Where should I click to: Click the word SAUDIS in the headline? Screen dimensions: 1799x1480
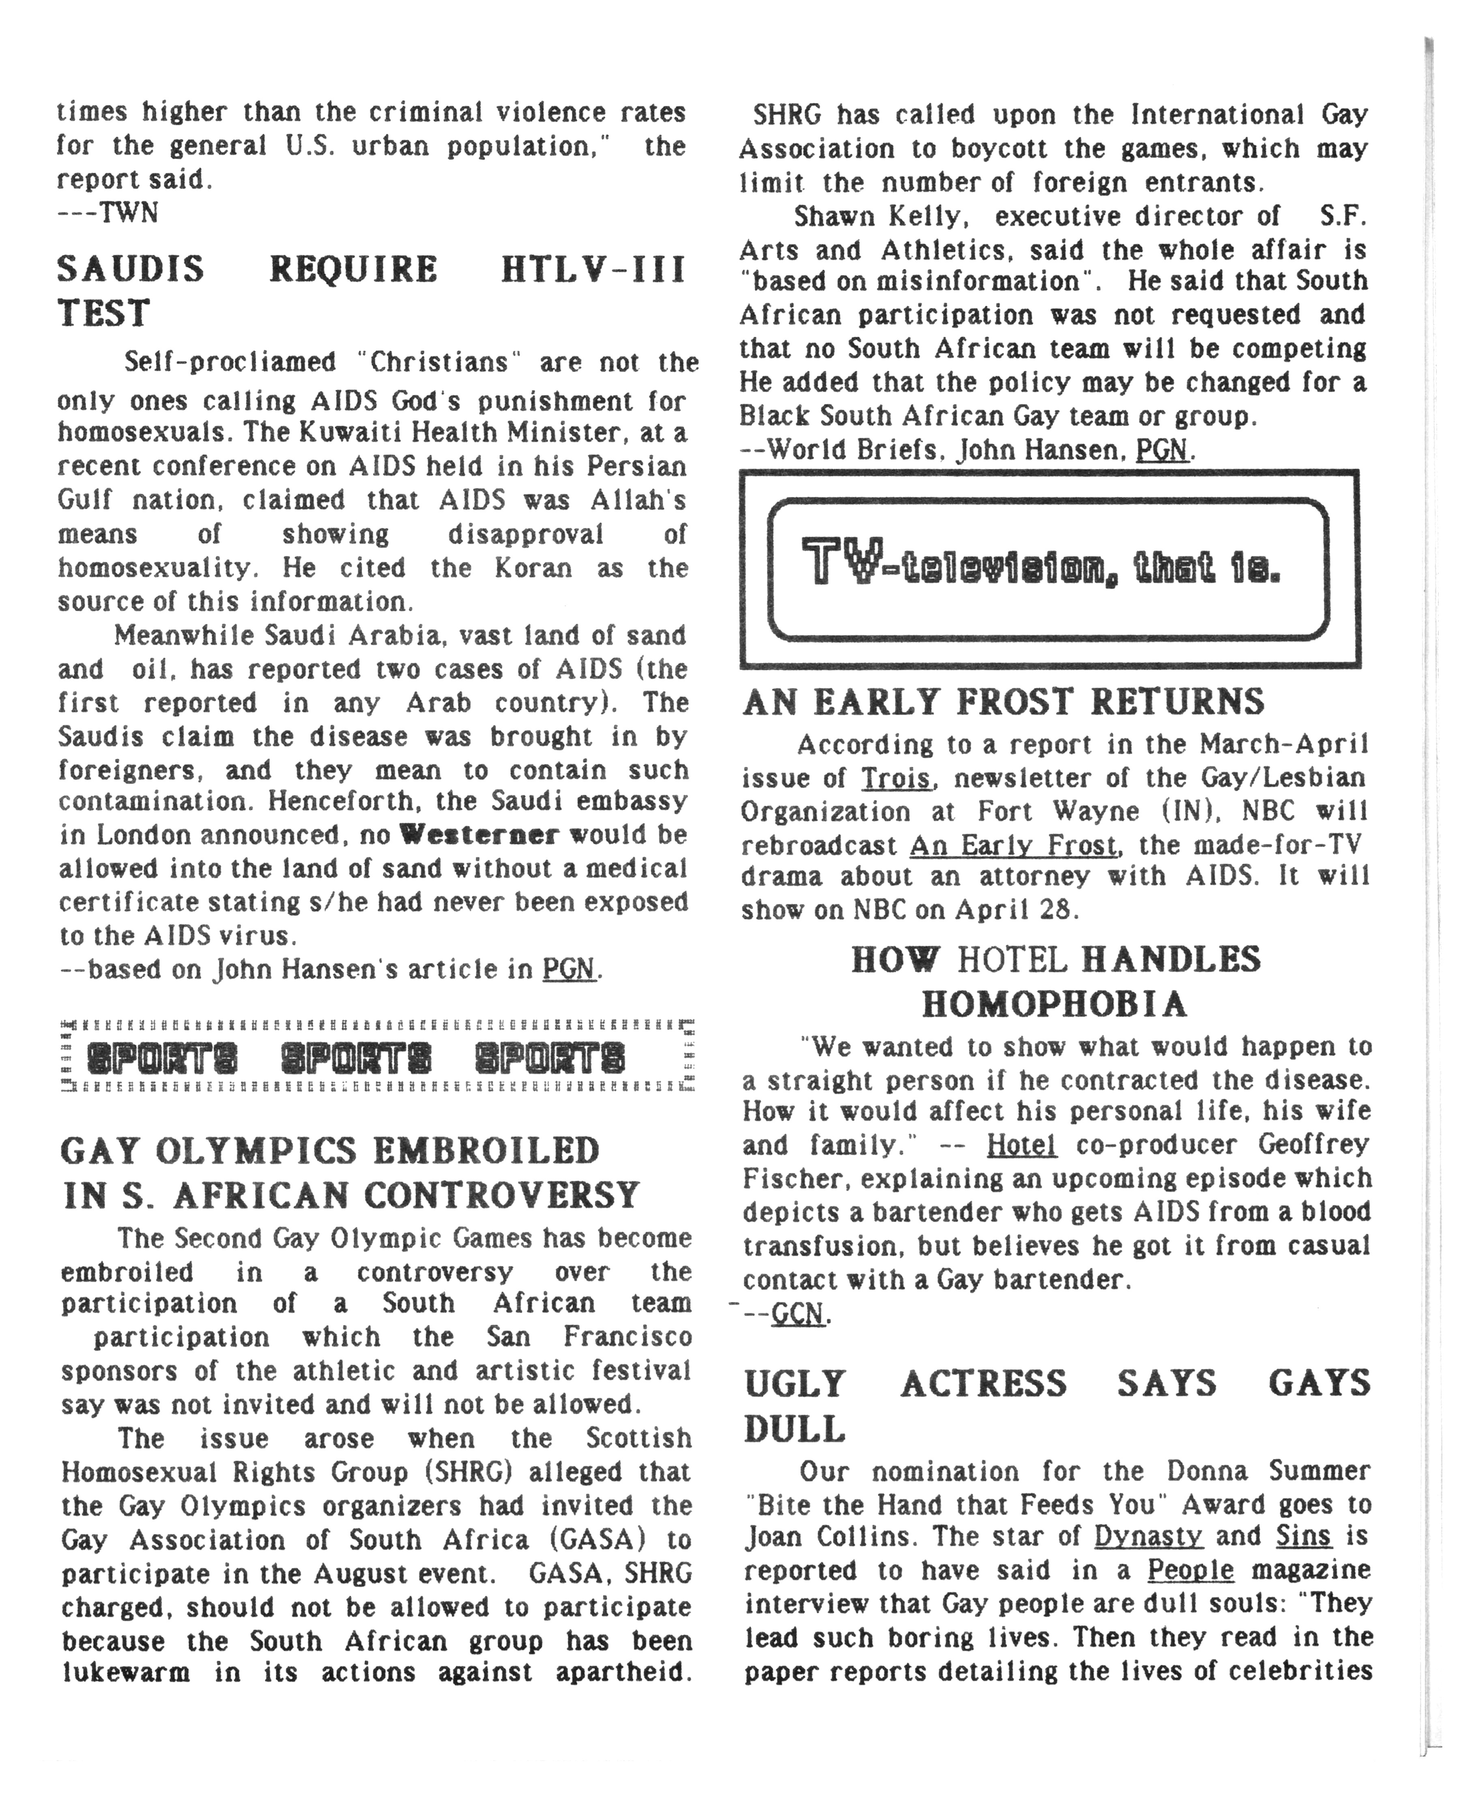[x=131, y=269]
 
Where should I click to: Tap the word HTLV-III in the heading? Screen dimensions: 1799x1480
[x=593, y=269]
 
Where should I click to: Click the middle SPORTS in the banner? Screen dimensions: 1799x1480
[x=356, y=1060]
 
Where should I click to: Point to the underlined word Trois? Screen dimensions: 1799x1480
[x=895, y=779]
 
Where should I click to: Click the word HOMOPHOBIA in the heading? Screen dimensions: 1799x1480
[x=1055, y=1004]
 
